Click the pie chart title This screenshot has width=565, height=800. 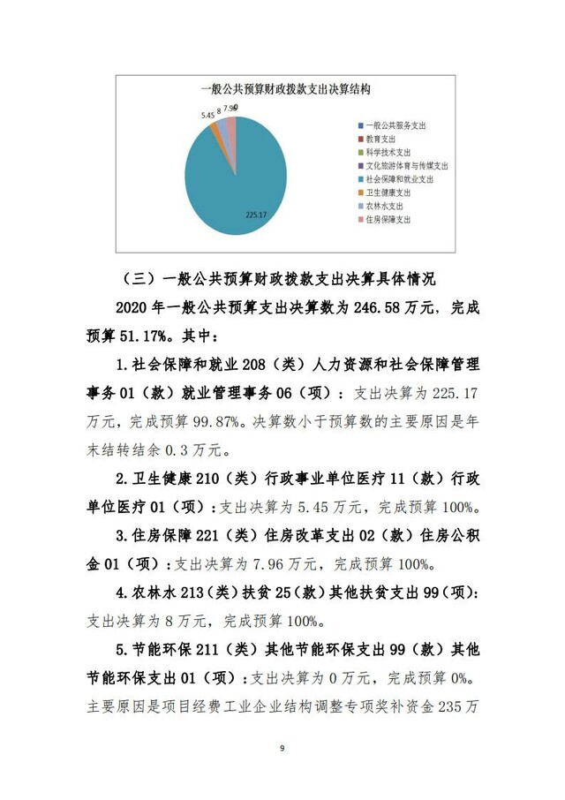[284, 89]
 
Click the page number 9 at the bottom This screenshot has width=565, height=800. [282, 749]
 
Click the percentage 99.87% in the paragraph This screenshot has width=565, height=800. [215, 421]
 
